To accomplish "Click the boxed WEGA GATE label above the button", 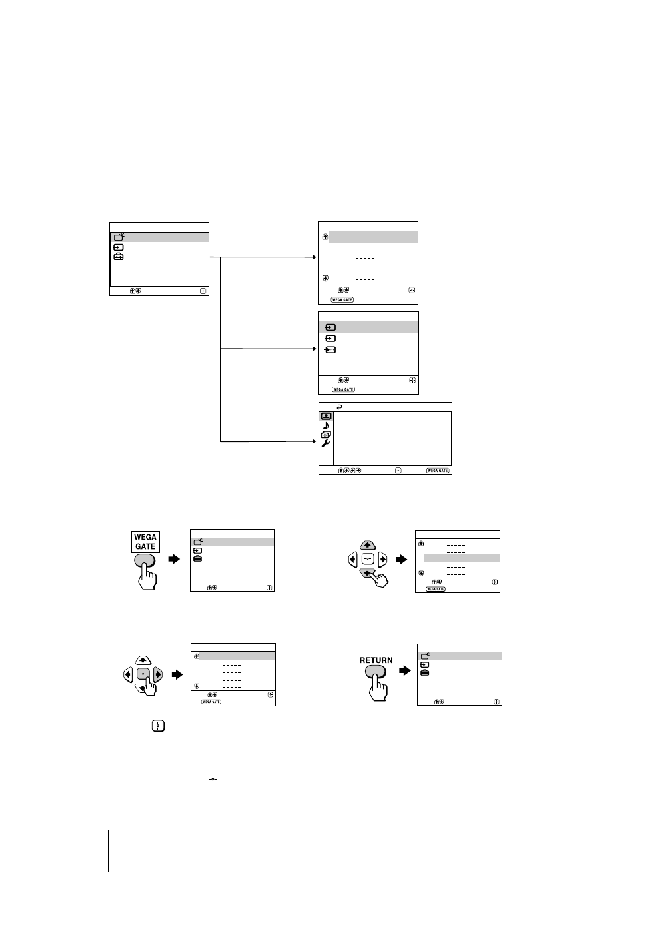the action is (145, 542).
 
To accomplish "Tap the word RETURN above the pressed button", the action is (376, 660).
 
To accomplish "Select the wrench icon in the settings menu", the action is (326, 443).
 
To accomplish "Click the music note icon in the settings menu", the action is (326, 425).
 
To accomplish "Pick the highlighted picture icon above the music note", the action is (326, 416).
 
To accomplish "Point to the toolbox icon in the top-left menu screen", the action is (119, 257).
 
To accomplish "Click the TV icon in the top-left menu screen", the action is (119, 237).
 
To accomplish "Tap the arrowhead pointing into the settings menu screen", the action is (315, 441).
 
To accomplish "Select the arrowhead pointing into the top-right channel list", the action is (315, 257).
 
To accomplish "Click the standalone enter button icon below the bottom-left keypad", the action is (158, 726).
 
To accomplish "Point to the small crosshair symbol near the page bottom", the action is (213, 779).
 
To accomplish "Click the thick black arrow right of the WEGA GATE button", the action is (175, 559).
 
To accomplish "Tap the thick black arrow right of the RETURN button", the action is (405, 670).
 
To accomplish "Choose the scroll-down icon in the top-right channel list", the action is (325, 279).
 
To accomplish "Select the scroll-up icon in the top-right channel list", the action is (325, 237).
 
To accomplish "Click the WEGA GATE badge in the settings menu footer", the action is (438, 471).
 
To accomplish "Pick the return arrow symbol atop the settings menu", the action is (340, 407).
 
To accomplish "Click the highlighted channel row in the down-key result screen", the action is (462, 558).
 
